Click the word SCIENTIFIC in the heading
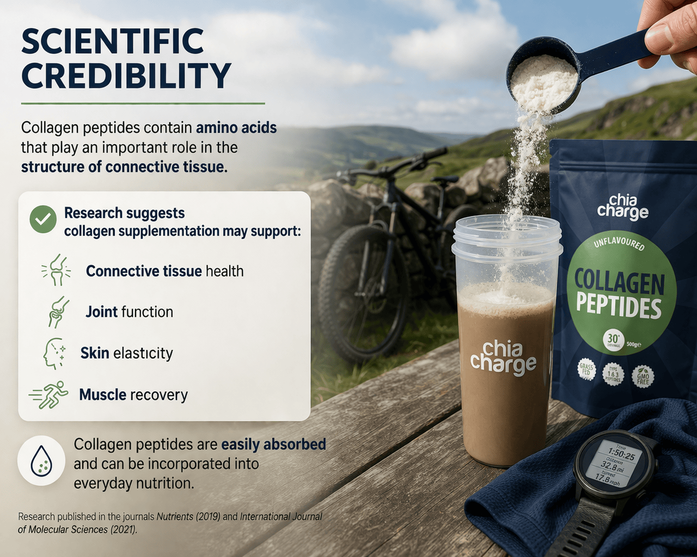tap(112, 42)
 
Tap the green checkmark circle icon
tap(43, 220)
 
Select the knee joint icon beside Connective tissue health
tap(56, 270)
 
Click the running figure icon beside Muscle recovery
tap(50, 395)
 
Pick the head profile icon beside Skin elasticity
tap(54, 354)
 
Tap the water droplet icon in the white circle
tap(41, 460)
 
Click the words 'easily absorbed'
tap(273, 444)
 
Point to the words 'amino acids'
tap(236, 128)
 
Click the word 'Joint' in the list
tap(102, 312)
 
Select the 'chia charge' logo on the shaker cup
tap(503, 358)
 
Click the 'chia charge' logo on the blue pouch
tap(623, 207)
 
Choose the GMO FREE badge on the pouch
tap(643, 376)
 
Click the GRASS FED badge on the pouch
tap(586, 371)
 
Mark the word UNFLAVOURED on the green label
tap(619, 243)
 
